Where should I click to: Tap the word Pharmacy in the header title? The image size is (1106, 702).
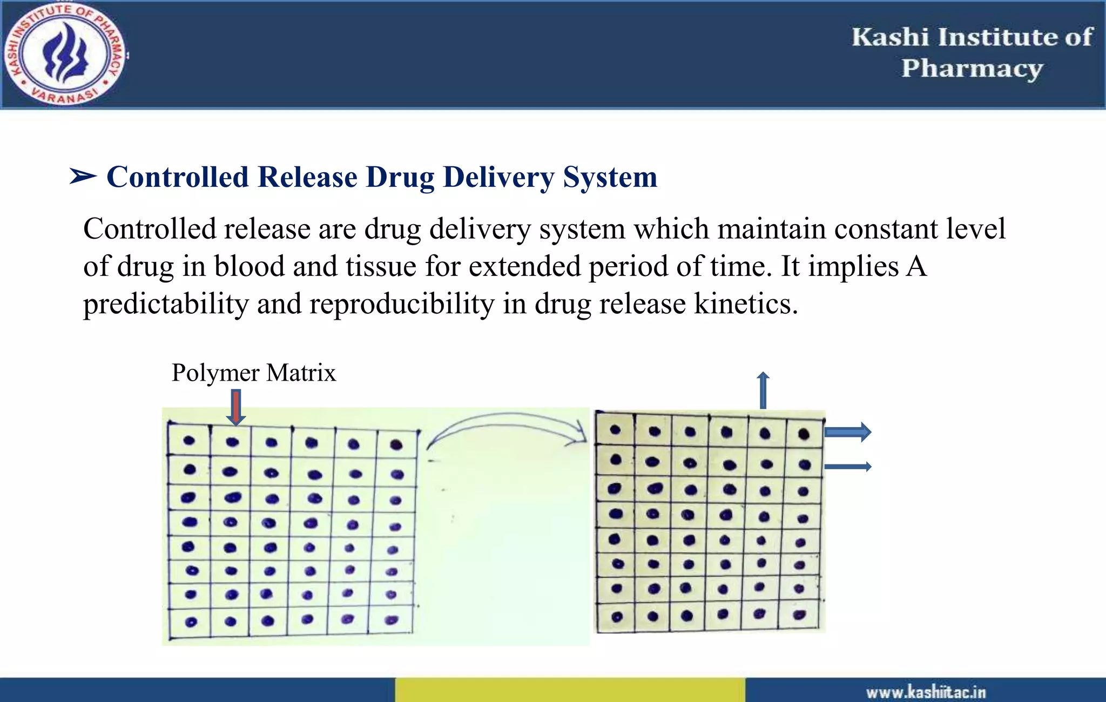coord(972,69)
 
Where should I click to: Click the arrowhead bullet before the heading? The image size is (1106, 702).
coord(83,177)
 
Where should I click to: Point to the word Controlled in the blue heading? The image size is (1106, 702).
coord(178,177)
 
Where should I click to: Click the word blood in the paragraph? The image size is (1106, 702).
coord(249,266)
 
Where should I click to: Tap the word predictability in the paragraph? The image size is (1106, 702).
coord(166,303)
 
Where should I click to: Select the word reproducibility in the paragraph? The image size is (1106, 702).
coord(402,303)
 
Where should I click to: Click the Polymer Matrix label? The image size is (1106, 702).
coord(253,373)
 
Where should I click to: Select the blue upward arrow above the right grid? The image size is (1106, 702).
coord(763,390)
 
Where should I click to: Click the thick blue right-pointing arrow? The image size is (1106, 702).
coord(848,432)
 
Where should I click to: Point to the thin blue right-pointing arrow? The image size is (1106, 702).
coord(848,467)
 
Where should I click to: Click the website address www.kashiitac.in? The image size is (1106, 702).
coord(926,692)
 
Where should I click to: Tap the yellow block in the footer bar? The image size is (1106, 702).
coord(570,690)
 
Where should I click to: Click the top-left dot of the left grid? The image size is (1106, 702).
coord(189,441)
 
